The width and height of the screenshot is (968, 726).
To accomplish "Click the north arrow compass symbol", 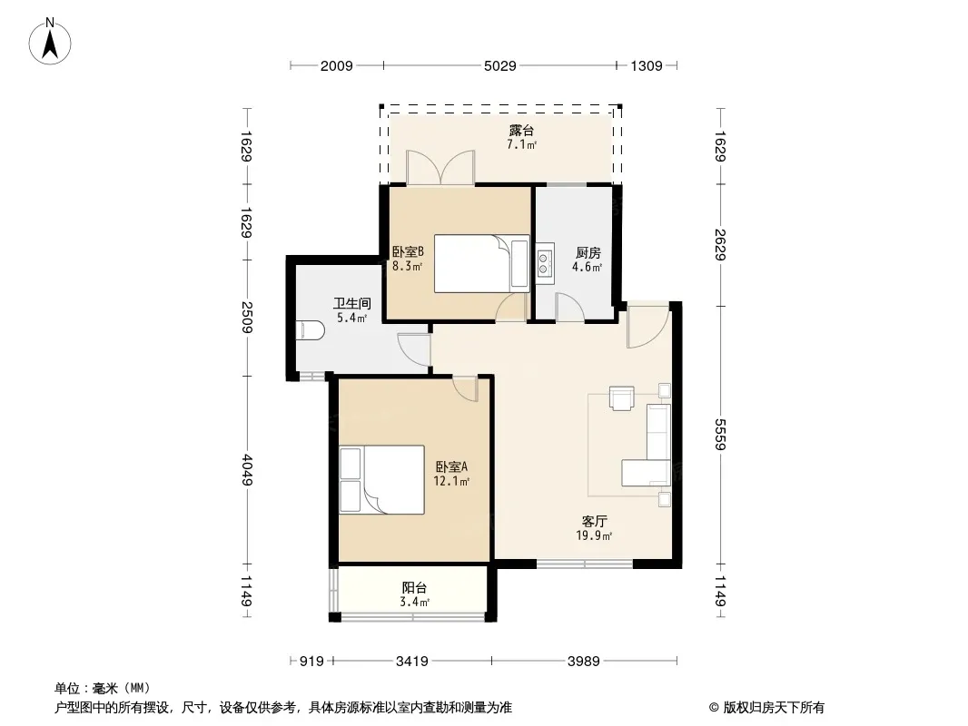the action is pos(50,42).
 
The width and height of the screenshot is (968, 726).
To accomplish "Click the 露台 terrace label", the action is pos(521,131).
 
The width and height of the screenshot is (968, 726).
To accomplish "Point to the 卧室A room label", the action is pos(452,467).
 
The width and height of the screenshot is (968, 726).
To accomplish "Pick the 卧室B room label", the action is pos(408,252).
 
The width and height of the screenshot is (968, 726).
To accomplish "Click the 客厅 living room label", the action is pos(594,522).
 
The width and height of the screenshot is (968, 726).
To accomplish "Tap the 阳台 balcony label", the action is pos(414,588).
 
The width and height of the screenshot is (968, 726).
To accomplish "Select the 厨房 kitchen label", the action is pos(588,253).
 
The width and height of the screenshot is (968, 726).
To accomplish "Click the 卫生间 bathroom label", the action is pos(352,303).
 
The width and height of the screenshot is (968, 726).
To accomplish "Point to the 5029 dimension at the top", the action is pos(500,65).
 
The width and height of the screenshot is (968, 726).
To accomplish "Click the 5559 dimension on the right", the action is pos(720,435).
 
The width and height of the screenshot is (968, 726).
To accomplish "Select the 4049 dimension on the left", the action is pos(247,470).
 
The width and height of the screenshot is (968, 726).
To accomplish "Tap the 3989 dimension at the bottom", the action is pos(583,662).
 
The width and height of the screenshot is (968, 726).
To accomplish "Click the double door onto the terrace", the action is pos(440,168).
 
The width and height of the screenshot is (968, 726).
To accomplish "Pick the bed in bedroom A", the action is pos(382,479).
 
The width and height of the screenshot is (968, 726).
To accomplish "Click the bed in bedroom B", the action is pos(481,263).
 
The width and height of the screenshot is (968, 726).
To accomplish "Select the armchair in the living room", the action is pos(622,397).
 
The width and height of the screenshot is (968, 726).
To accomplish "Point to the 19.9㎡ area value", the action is pos(594,536).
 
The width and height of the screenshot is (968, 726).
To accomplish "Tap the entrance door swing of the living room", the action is pos(648,325).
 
